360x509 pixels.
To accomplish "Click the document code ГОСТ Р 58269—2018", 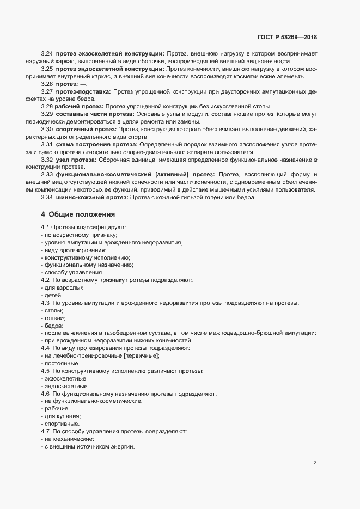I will click(x=287, y=38).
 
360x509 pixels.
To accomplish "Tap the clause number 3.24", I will click(x=47, y=53).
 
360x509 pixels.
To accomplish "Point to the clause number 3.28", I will click(x=47, y=106).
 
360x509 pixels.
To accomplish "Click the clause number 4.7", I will click(x=46, y=431).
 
